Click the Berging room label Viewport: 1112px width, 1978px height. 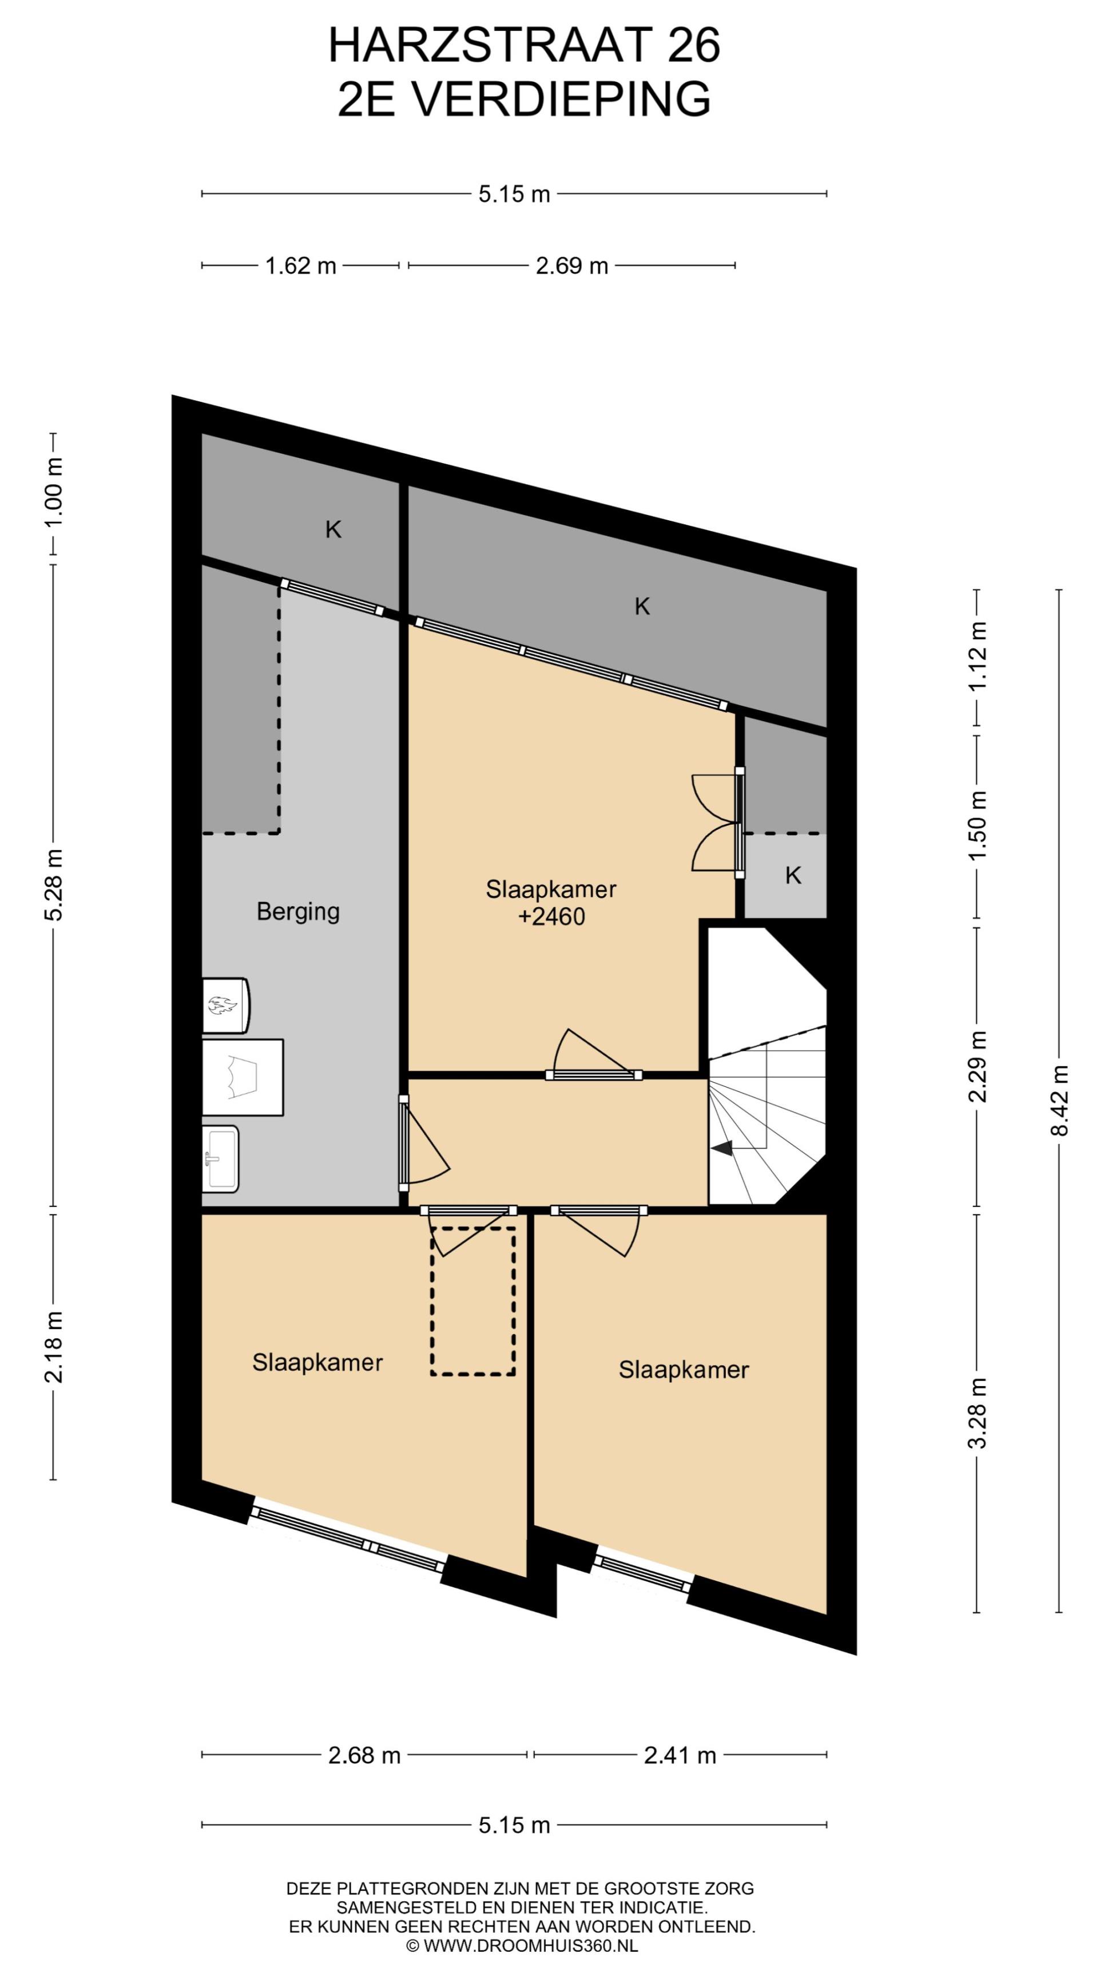click(298, 911)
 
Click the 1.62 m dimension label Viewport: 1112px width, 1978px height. click(301, 266)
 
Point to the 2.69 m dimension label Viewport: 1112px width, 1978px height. click(572, 266)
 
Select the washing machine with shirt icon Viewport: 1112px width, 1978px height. click(243, 1077)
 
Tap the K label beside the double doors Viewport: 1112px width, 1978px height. click(793, 875)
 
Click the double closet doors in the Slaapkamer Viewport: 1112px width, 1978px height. click(717, 822)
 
